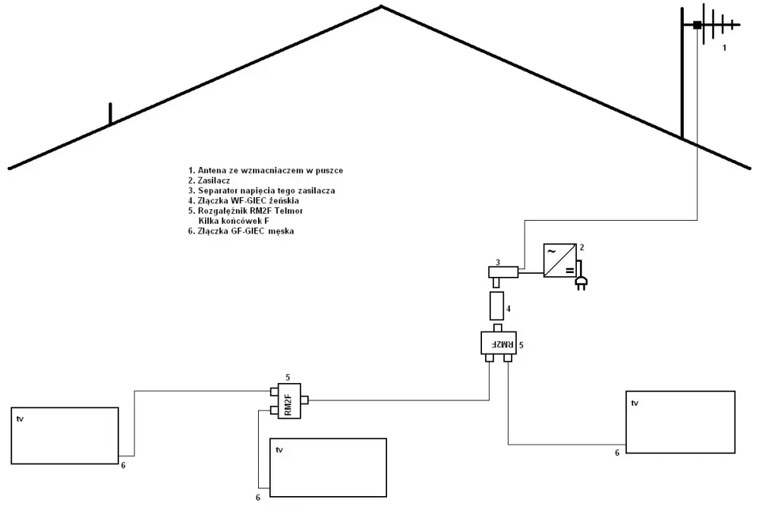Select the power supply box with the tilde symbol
(559, 261)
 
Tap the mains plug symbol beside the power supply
(581, 278)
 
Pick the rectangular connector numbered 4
(496, 306)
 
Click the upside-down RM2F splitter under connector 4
(499, 343)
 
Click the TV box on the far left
(65, 435)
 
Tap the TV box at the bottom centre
(328, 467)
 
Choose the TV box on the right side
(681, 423)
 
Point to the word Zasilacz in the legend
(214, 181)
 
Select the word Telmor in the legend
(288, 211)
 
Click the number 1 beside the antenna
(724, 48)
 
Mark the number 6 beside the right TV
(617, 453)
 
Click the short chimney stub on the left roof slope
(110, 114)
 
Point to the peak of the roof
(382, 6)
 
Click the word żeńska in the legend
(285, 201)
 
